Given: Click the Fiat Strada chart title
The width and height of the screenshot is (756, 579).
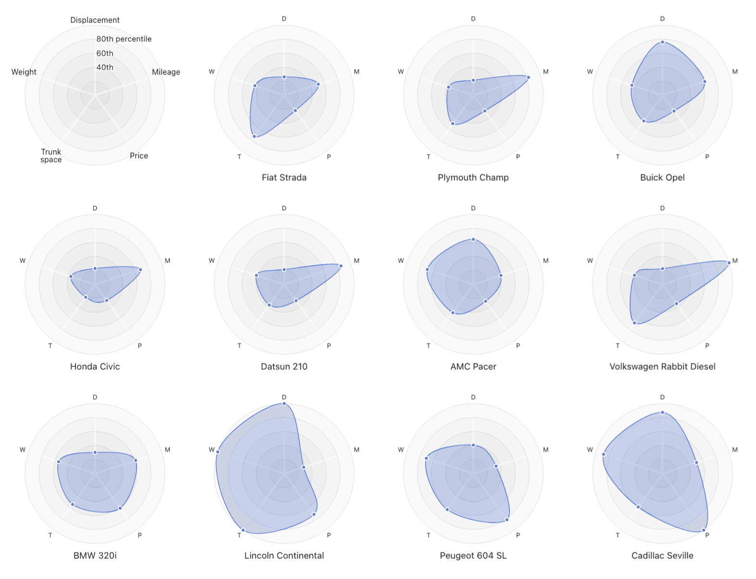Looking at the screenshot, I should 284,177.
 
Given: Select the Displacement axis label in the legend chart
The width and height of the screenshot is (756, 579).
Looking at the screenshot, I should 95,20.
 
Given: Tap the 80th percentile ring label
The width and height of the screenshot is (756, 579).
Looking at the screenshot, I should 124,39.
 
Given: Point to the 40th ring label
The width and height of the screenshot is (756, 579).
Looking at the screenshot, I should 105,67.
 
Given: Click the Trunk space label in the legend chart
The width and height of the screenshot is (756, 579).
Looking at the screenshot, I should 51,156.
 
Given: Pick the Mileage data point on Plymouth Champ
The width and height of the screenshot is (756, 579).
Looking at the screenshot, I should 528,77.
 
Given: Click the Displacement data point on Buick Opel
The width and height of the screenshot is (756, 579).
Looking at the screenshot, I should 662,42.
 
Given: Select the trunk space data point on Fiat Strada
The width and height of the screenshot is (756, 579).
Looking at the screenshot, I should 254,137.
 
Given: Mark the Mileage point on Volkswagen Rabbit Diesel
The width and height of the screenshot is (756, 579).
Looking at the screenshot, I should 729,263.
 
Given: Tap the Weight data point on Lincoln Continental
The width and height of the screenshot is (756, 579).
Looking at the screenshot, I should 218,452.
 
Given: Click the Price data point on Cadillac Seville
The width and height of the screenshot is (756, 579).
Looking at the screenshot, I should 704,530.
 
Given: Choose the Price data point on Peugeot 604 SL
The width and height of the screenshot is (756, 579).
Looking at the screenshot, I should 506,520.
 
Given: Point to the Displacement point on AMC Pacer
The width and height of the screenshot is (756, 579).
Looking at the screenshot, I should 473,239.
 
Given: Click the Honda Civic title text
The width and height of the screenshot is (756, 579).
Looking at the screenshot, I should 95,366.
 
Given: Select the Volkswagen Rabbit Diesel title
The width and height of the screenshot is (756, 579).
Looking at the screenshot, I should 662,366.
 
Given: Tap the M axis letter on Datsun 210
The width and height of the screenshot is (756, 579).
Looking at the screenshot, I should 356,261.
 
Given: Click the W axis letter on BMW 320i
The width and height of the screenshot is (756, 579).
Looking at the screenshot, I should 23,450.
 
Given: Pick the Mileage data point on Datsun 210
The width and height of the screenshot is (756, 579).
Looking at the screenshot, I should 340,266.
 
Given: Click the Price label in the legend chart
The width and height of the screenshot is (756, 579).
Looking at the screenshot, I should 139,156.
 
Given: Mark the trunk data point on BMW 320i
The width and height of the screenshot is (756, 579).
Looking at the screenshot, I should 73,504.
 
